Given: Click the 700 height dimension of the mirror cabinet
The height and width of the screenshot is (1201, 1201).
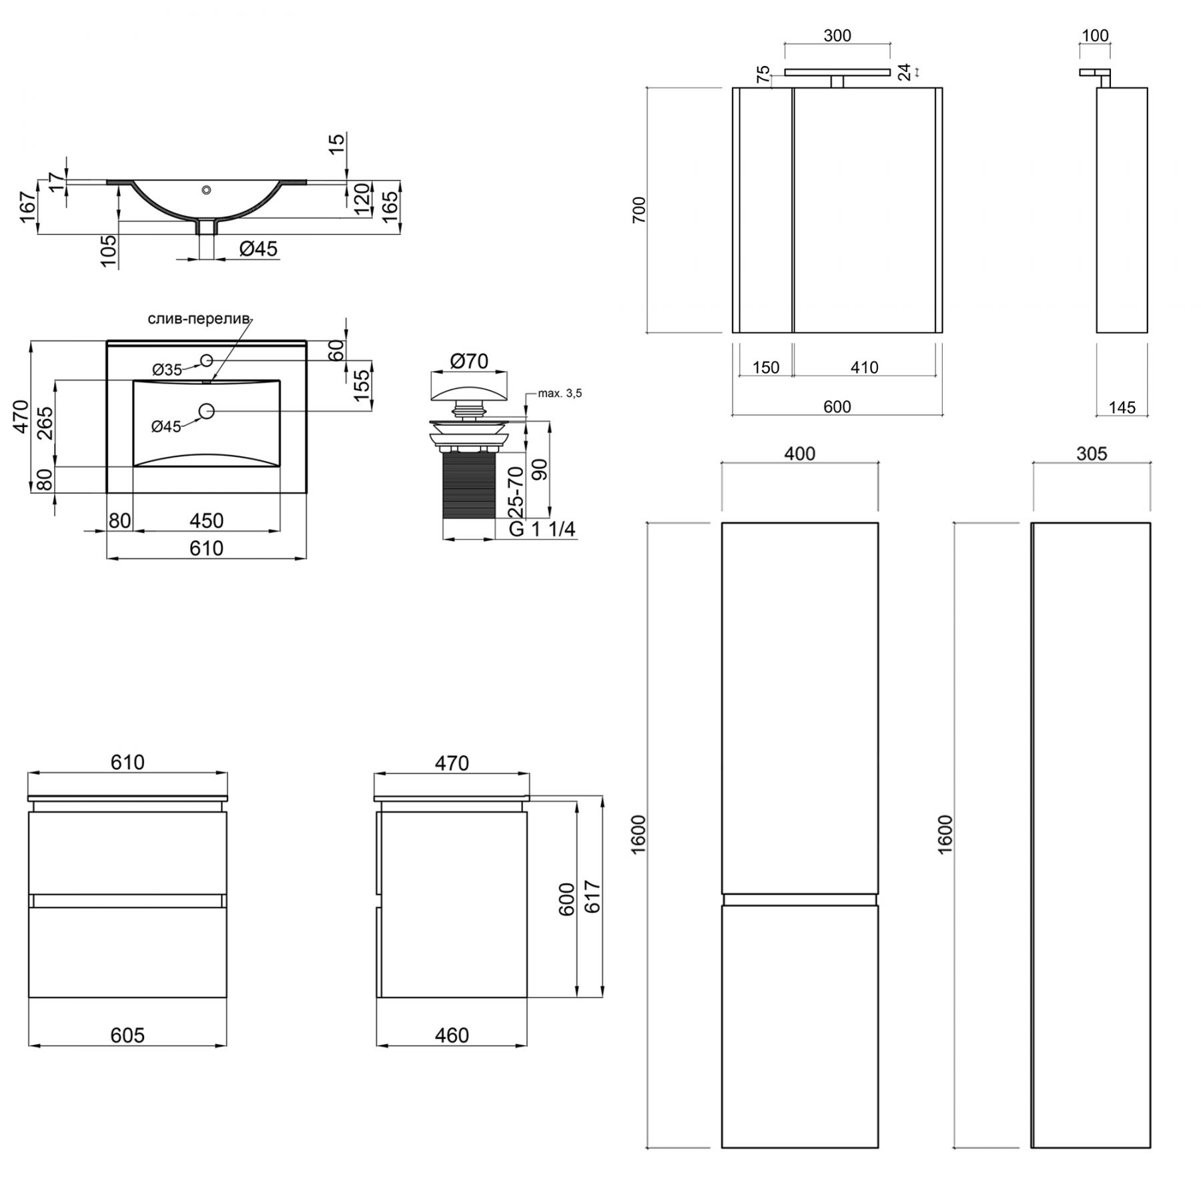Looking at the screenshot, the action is [x=639, y=210].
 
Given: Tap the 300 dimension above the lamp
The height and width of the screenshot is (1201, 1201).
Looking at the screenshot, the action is [x=837, y=35].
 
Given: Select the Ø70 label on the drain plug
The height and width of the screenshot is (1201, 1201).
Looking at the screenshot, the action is [x=469, y=361].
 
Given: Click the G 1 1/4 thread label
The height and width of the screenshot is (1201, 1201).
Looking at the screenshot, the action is [x=542, y=529].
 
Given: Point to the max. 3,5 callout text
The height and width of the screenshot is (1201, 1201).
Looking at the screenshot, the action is [x=560, y=394].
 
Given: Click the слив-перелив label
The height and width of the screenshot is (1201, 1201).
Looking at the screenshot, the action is [x=199, y=319].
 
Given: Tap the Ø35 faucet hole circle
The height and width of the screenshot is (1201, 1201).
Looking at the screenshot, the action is [x=206, y=360].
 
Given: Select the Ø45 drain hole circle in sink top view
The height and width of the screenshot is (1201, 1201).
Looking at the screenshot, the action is [x=206, y=411].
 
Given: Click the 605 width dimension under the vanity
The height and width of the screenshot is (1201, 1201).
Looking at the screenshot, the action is [x=127, y=1035].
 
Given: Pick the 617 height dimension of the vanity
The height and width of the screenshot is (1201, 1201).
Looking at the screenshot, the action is [x=592, y=897].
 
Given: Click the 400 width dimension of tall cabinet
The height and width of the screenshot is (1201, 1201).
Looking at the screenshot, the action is [x=799, y=454].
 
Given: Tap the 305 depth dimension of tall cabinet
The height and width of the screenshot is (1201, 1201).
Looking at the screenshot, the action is [x=1092, y=454].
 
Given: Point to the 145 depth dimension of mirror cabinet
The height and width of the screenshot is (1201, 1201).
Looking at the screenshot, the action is [x=1122, y=407].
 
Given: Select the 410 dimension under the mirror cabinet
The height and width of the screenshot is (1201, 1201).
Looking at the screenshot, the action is [x=864, y=367].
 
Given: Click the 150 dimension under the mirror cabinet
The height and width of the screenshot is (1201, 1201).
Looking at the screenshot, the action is [x=766, y=367].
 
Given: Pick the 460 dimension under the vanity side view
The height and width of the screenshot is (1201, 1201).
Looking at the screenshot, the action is [x=452, y=1035].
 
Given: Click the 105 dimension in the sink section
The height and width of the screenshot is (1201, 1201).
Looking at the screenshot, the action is [x=109, y=251].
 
